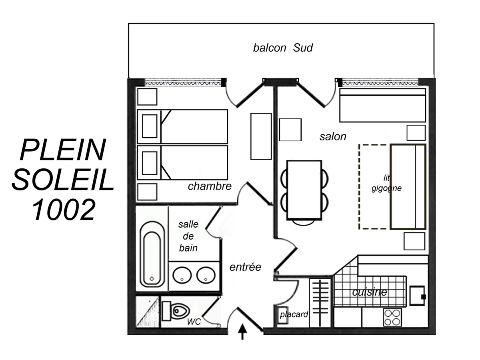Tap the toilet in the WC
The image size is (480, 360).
[176, 311]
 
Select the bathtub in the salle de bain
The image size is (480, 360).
[152, 254]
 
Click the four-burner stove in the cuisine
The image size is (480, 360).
[392, 317]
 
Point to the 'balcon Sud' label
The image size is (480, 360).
[283, 48]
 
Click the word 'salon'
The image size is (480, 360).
[333, 137]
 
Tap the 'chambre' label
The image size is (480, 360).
[210, 186]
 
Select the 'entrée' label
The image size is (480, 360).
[245, 267]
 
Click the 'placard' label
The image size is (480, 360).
[294, 314]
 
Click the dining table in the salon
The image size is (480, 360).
[304, 190]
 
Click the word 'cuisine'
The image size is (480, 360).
[369, 292]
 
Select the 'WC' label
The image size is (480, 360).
[194, 322]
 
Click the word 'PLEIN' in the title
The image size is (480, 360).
[63, 150]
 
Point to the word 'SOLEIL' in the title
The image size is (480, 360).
[63, 180]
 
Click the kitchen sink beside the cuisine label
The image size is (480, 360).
[417, 296]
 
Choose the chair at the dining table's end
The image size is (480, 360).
[303, 222]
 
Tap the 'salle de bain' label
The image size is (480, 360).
[188, 236]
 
